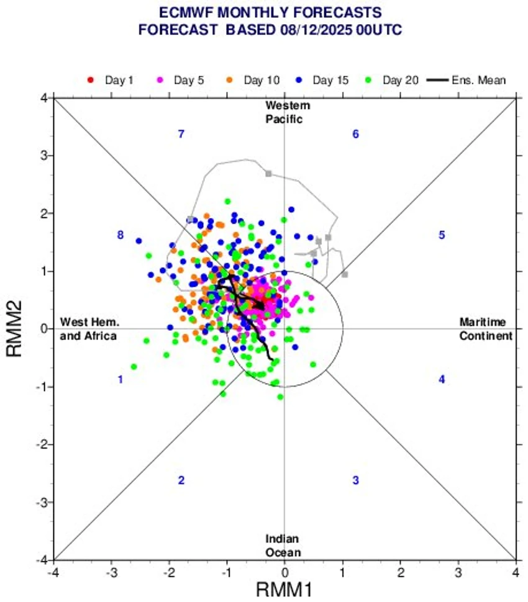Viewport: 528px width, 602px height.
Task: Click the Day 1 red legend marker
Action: coord(90,80)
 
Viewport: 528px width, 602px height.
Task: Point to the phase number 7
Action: coord(181,134)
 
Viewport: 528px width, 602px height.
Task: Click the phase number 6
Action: coord(355,134)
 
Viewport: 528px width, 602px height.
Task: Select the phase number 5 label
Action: coord(442,235)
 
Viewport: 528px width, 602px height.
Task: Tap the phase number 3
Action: coord(355,480)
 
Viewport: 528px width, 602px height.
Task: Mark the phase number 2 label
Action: coord(181,480)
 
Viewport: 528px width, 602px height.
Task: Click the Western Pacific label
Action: coord(284,112)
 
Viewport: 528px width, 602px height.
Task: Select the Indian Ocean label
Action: coord(284,546)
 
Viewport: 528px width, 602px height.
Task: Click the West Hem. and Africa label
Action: coord(89,329)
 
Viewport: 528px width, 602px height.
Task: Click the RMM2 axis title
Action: coord(15,329)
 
